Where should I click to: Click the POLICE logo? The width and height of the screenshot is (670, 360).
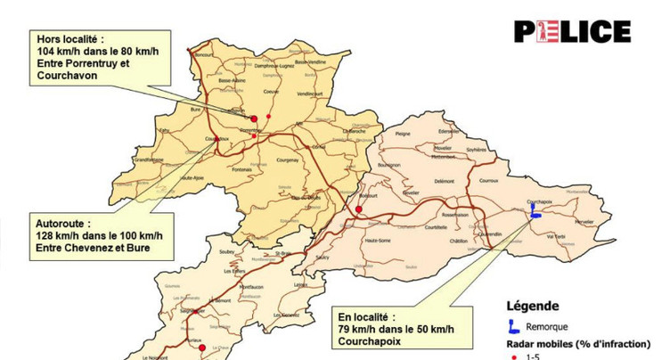tap(572, 32)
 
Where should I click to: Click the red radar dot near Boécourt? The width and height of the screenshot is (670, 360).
tap(358, 210)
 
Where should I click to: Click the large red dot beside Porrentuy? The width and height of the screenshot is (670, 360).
tap(254, 119)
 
